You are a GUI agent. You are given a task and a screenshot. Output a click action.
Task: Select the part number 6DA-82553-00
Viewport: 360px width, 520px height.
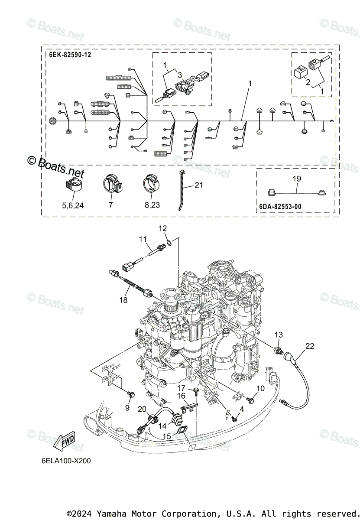pyautogui.click(x=280, y=207)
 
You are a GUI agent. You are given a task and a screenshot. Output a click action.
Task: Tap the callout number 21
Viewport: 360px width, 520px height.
pyautogui.click(x=199, y=185)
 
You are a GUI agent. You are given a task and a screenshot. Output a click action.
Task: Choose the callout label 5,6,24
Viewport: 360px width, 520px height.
pyautogui.click(x=73, y=205)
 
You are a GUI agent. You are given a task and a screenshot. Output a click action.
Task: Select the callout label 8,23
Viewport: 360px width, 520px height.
pyautogui.click(x=149, y=205)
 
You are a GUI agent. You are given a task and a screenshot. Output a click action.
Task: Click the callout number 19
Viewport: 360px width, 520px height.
pyautogui.click(x=296, y=179)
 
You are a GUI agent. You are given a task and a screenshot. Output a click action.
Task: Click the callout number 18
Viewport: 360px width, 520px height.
pyautogui.click(x=123, y=299)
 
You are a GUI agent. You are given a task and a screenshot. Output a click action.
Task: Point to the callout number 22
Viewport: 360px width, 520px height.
pyautogui.click(x=309, y=346)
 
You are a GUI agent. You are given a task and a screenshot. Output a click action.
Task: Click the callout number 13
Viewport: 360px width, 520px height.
pyautogui.click(x=278, y=335)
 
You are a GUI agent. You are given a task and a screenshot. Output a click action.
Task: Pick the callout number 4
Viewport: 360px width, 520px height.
pyautogui.click(x=242, y=409)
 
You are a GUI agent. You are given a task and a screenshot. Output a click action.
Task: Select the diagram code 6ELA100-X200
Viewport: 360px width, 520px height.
pyautogui.click(x=64, y=461)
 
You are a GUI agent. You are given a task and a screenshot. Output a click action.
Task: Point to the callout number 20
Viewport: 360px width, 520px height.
pyautogui.click(x=142, y=409)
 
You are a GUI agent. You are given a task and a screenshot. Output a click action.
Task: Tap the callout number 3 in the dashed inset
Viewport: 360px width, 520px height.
pyautogui.click(x=179, y=75)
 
